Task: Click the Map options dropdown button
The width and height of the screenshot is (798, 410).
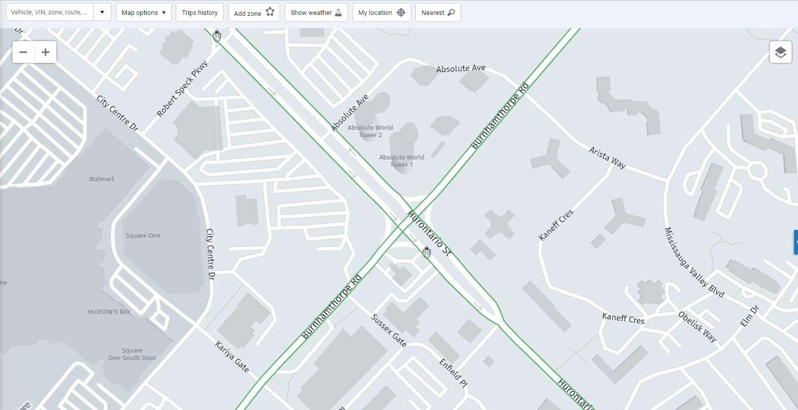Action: coord(144,12)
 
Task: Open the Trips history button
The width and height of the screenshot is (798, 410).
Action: coord(199,12)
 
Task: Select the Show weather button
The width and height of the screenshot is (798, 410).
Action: coord(316,12)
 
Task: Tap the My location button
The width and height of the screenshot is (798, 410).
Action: coord(381,12)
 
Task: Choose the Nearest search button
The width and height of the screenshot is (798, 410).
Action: coord(438,12)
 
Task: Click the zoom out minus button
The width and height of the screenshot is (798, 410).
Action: coord(23,52)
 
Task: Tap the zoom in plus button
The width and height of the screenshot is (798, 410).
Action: coord(46,52)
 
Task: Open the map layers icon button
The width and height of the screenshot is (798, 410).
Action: coord(780,52)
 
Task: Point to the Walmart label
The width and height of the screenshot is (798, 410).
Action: coord(101,179)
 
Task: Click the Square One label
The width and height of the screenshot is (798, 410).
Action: coord(143,236)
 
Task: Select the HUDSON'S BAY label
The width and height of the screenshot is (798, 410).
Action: coord(109,312)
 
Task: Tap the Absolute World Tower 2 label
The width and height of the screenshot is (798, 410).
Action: coord(370,131)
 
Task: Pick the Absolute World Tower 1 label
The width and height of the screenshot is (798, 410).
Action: coord(401,161)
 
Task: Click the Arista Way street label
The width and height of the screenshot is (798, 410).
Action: coord(607,157)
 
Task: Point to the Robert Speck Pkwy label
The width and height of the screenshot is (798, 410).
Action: coord(182,89)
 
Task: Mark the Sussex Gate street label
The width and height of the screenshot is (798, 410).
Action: coord(389,330)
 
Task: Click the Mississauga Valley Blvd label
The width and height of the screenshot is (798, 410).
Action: coord(694,262)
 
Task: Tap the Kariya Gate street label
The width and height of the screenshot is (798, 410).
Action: coord(232,357)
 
